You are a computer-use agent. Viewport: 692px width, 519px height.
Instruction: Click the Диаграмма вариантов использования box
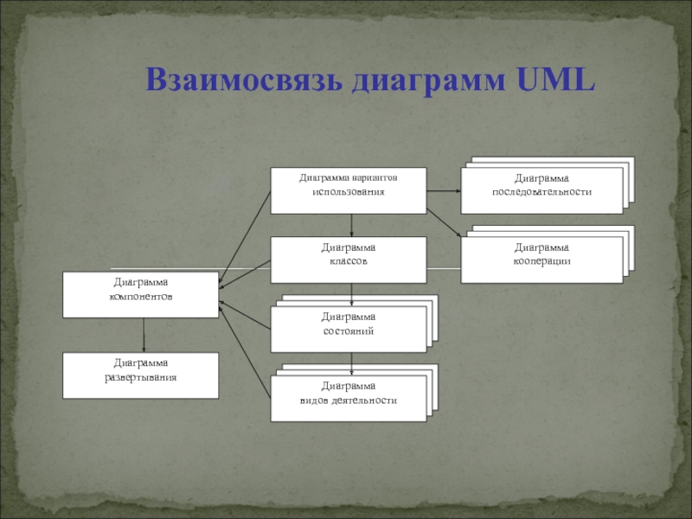click(349, 190)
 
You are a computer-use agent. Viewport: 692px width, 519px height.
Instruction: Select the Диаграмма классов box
click(349, 260)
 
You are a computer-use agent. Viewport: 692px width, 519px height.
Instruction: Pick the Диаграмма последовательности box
click(541, 190)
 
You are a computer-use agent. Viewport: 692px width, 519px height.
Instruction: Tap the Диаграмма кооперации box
click(541, 260)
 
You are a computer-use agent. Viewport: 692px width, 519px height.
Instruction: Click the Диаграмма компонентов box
click(141, 295)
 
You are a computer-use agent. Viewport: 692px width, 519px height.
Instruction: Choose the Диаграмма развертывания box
click(141, 375)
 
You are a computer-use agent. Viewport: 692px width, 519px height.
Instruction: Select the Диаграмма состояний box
click(349, 330)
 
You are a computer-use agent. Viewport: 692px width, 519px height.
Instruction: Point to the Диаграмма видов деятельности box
click(349, 399)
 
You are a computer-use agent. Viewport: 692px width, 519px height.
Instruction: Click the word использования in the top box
click(349, 190)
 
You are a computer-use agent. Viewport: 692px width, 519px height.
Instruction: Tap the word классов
click(349, 260)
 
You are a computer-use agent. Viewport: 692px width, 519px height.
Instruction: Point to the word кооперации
click(541, 260)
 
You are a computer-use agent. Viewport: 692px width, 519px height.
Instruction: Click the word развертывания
click(139, 377)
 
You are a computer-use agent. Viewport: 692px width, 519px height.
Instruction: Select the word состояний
click(349, 331)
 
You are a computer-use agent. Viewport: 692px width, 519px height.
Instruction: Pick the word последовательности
click(541, 191)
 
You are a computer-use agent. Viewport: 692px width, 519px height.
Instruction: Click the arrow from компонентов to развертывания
click(144, 335)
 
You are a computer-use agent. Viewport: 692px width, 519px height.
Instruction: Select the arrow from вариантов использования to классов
click(351, 225)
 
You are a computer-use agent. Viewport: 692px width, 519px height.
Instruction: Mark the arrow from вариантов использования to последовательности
click(443, 190)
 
